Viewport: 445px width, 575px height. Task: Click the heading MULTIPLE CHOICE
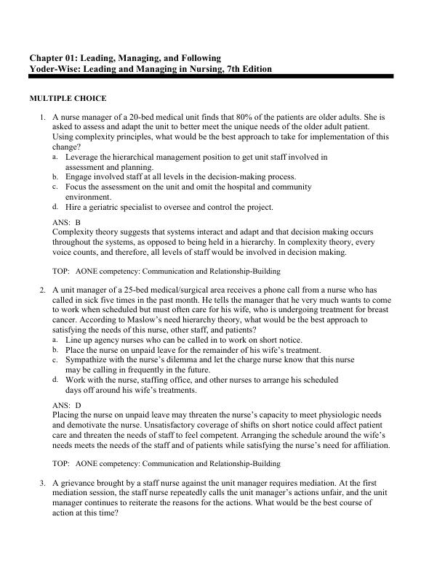[x=68, y=98]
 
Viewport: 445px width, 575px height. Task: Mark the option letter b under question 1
[x=56, y=176]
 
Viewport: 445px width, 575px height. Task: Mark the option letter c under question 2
[x=56, y=359]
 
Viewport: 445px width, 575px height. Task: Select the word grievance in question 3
[x=76, y=482]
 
